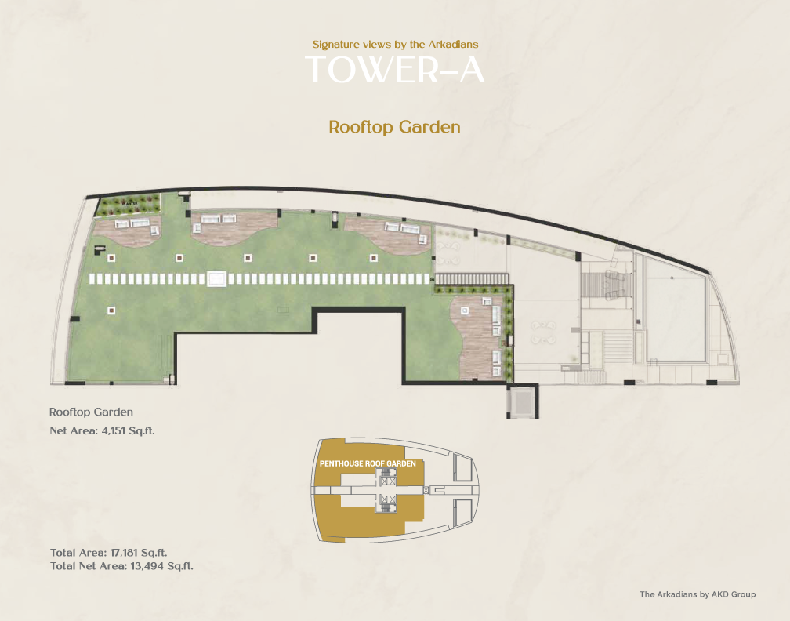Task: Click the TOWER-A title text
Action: [x=394, y=70]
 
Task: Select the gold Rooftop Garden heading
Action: [x=394, y=126]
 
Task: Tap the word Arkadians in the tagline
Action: [x=454, y=45]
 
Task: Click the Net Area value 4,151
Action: [x=114, y=431]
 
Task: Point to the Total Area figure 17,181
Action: [x=124, y=553]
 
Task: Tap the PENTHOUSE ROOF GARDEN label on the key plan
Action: [x=368, y=463]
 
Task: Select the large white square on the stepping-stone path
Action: [x=216, y=279]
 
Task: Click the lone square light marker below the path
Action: [x=111, y=310]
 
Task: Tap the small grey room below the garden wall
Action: [x=523, y=401]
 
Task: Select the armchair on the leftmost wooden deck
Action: [x=154, y=231]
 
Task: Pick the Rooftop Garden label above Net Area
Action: [x=91, y=412]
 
